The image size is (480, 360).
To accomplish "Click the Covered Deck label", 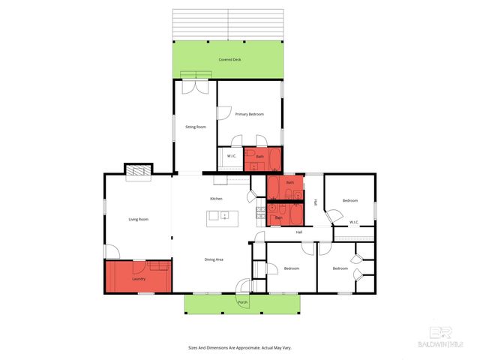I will click(230, 59).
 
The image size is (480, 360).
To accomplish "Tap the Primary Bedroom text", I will click(249, 114).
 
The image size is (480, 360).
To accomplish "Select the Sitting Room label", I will click(196, 127).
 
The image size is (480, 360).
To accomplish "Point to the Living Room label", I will click(138, 219).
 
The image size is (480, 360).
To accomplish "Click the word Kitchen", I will click(216, 198).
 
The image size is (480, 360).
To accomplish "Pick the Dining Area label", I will click(214, 259).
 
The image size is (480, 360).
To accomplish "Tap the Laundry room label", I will click(138, 279).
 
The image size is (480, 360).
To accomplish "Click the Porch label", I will click(242, 302).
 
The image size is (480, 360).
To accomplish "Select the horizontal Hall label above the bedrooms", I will click(298, 232).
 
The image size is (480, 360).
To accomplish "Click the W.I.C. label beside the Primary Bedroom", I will click(232, 156).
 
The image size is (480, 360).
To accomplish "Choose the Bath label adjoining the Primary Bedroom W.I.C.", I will click(259, 156).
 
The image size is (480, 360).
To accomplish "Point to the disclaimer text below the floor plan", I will click(239, 347).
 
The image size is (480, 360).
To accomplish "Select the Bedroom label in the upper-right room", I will click(350, 200).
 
